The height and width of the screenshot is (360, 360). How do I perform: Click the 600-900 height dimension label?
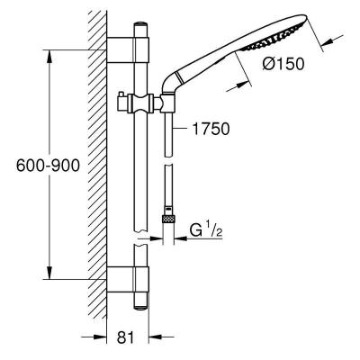coord(48,166)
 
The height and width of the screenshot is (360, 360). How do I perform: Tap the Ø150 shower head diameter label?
coord(283,64)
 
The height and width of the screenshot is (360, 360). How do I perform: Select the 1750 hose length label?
coord(211,129)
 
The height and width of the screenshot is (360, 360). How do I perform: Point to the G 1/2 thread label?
coord(206,230)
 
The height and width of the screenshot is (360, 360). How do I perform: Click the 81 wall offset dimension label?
coord(126,337)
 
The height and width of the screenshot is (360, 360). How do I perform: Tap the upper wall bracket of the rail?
coord(128,50)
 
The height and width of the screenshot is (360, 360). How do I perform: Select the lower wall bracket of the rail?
coord(128,279)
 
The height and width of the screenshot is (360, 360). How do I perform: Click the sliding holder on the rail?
coord(140,103)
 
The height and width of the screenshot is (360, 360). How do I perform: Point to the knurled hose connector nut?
coord(168,219)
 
